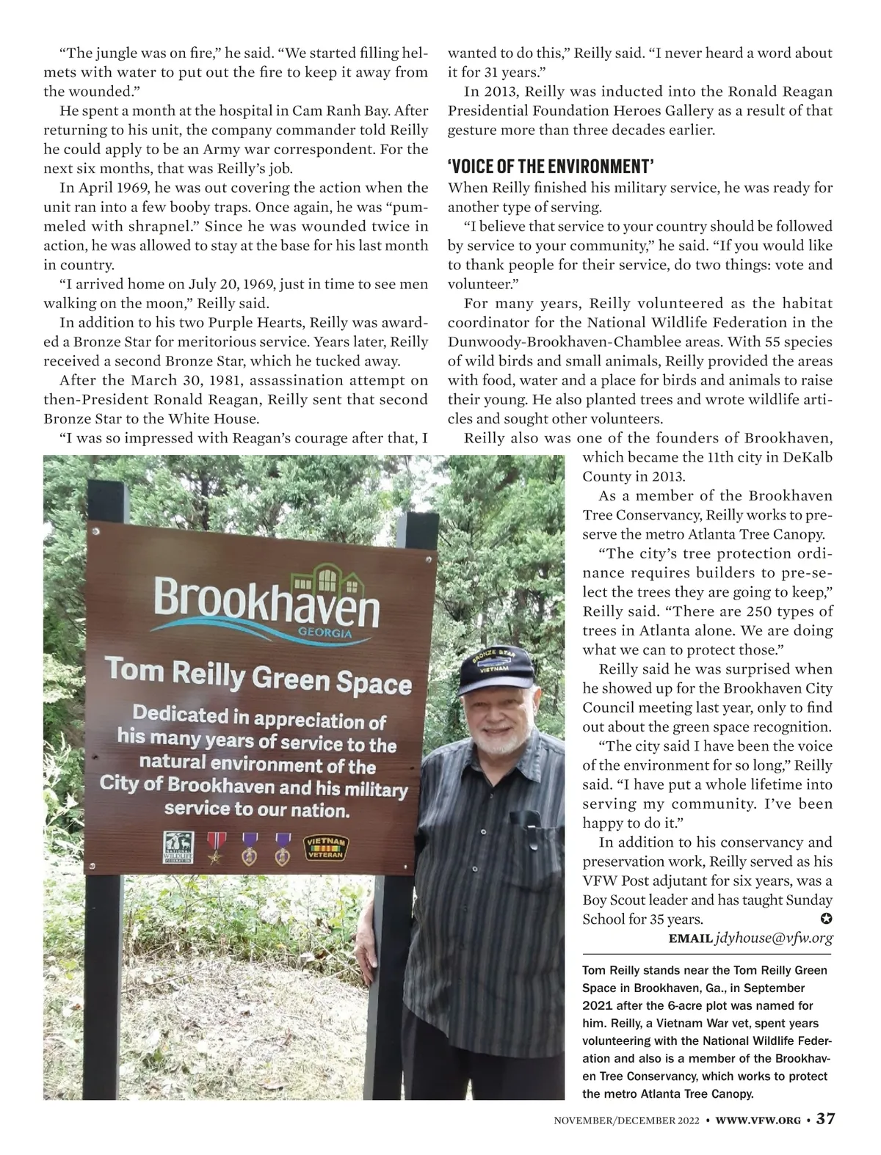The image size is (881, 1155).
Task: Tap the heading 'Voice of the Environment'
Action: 550,164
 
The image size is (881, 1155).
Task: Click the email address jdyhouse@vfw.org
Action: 774,938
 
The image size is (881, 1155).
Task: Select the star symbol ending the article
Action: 827,919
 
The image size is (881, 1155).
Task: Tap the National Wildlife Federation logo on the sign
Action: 178,847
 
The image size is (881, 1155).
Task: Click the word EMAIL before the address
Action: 690,939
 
